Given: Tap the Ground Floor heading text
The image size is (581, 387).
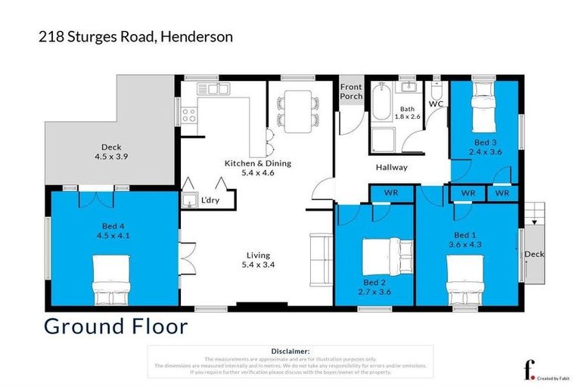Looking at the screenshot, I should pyautogui.click(x=116, y=327).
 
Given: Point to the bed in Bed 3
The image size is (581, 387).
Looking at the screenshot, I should pyautogui.click(x=485, y=114).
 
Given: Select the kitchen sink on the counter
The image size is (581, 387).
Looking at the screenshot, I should pyautogui.click(x=213, y=89).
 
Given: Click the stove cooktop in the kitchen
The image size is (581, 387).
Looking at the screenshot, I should pyautogui.click(x=189, y=116).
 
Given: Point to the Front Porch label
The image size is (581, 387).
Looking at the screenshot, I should pyautogui.click(x=351, y=91).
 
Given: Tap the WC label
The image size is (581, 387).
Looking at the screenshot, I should pyautogui.click(x=436, y=103).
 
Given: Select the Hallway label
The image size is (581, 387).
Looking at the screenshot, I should pyautogui.click(x=391, y=168).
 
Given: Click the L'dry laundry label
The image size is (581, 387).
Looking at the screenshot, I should pyautogui.click(x=210, y=200).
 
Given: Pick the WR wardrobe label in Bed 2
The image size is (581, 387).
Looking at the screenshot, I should pyautogui.click(x=390, y=193).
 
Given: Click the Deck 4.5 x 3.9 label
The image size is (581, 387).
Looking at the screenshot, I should pyautogui.click(x=111, y=152).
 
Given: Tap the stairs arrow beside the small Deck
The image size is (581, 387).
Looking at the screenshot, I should pyautogui.click(x=535, y=219).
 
